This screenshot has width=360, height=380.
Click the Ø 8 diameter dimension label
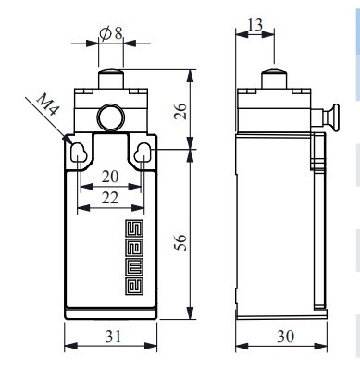[x=111, y=33]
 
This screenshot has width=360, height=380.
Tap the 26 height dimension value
[x=180, y=111]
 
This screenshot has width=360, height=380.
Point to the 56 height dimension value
[x=180, y=242]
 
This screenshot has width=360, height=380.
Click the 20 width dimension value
[x=110, y=177]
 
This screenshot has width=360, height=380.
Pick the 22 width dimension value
[x=110, y=198]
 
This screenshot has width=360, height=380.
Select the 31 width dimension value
[x=114, y=336]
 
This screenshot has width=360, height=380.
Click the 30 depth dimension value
[x=285, y=336]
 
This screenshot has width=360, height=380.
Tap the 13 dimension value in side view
[x=255, y=25]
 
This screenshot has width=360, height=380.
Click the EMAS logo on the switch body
[x=134, y=257]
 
